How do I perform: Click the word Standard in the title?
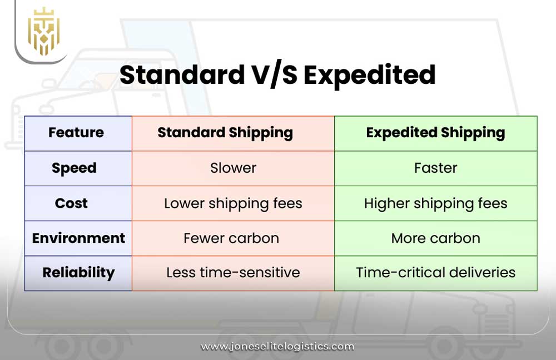[179, 75]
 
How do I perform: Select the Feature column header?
[76, 133]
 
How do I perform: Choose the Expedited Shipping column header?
[435, 133]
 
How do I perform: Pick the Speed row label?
[74, 168]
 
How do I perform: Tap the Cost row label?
[71, 203]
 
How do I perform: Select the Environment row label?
[78, 238]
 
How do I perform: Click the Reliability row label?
[78, 273]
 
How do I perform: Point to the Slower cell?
[233, 168]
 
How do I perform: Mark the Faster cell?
[435, 168]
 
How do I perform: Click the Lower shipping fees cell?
[233, 203]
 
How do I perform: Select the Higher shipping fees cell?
[435, 203]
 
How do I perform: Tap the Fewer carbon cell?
[231, 238]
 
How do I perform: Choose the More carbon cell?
[435, 238]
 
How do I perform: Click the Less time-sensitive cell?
[233, 273]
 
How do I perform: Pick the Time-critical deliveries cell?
[435, 273]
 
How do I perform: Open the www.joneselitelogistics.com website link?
[277, 346]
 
